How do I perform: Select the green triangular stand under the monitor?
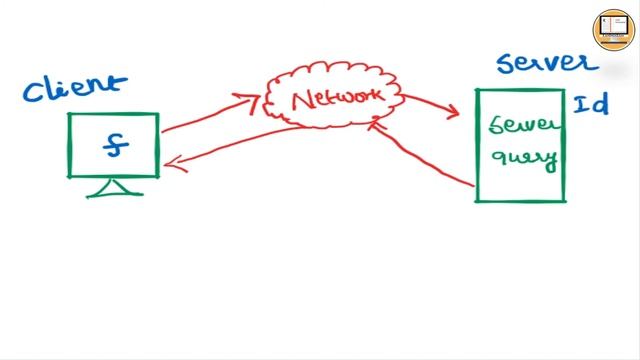[x=113, y=187]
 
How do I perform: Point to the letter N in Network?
[x=298, y=101]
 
